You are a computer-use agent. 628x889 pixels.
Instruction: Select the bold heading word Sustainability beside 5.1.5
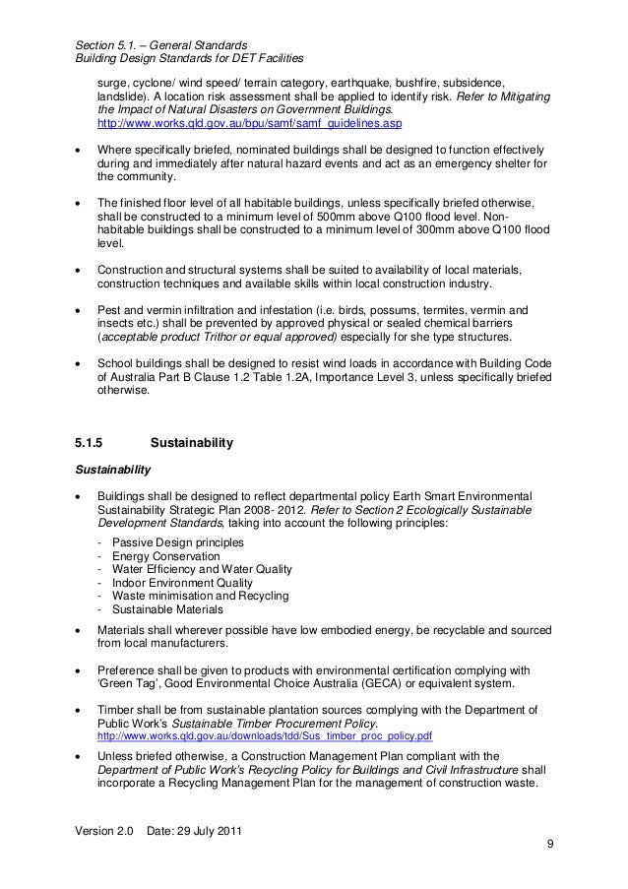point(184,445)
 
